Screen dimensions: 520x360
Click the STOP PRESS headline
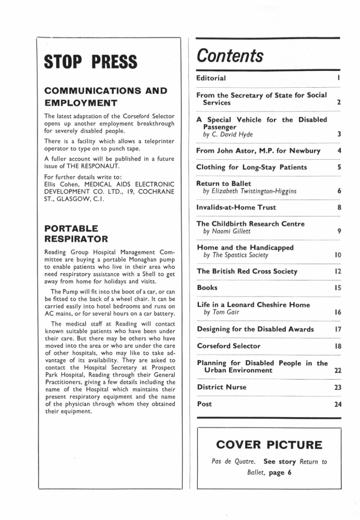tap(91, 62)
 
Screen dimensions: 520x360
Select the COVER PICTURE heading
tap(269, 445)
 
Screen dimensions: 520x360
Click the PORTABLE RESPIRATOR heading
tap(76, 234)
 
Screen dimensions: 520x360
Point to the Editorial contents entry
tap(211, 78)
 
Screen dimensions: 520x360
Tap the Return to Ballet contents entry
tap(223, 184)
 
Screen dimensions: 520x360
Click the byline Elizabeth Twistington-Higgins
tap(250, 192)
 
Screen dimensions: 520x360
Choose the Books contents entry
tap(207, 288)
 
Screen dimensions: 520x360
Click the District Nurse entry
tap(221, 387)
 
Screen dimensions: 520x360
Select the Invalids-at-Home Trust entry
tap(236, 207)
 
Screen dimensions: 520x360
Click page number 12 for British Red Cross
tap(337, 271)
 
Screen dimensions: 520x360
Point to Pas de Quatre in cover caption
tap(234, 462)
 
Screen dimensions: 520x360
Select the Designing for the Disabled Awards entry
tap(255, 329)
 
